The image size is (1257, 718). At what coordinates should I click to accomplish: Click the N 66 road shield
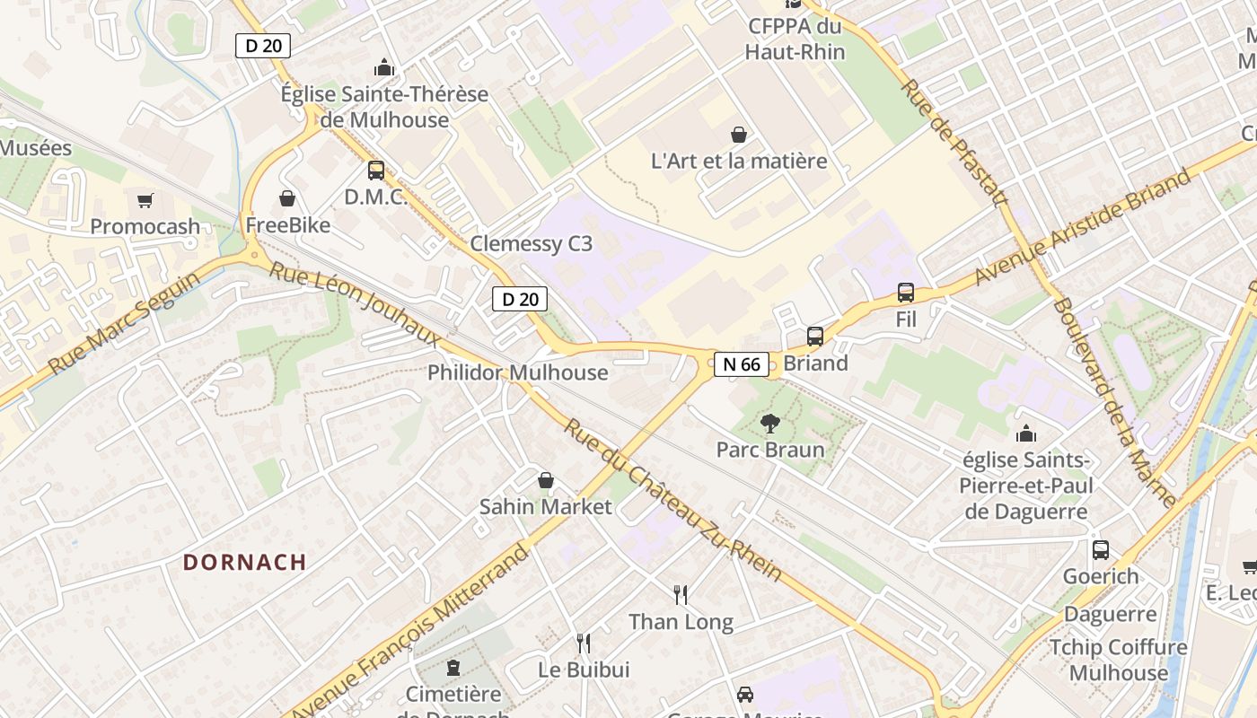pyautogui.click(x=741, y=364)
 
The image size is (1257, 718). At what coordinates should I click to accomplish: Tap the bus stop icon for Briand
pyautogui.click(x=815, y=337)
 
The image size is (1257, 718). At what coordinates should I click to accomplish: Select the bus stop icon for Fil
pyautogui.click(x=906, y=293)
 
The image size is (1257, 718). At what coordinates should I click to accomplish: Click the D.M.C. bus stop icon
pyautogui.click(x=376, y=170)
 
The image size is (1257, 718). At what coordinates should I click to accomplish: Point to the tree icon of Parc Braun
pyautogui.click(x=769, y=424)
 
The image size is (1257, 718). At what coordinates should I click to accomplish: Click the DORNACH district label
pyautogui.click(x=245, y=563)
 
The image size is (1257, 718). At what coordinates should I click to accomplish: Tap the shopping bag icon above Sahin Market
pyautogui.click(x=545, y=480)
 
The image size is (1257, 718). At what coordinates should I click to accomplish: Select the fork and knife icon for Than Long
pyautogui.click(x=681, y=594)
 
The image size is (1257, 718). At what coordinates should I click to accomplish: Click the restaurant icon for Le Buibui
pyautogui.click(x=584, y=643)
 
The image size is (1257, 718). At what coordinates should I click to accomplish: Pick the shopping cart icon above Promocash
pyautogui.click(x=145, y=200)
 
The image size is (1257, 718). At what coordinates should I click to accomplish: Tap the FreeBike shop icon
pyautogui.click(x=287, y=198)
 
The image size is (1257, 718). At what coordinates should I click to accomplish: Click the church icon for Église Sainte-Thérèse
pyautogui.click(x=384, y=67)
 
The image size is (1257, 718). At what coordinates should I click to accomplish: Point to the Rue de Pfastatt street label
pyautogui.click(x=954, y=142)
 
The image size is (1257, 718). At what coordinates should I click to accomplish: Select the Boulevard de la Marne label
pyautogui.click(x=1112, y=401)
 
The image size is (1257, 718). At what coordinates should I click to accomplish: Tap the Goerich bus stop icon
pyautogui.click(x=1101, y=550)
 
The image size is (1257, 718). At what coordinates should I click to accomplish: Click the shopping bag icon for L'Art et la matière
pyautogui.click(x=739, y=135)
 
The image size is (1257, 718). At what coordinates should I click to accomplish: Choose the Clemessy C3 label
pyautogui.click(x=532, y=244)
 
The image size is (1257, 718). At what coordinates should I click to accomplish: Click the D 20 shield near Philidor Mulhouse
pyautogui.click(x=520, y=299)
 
